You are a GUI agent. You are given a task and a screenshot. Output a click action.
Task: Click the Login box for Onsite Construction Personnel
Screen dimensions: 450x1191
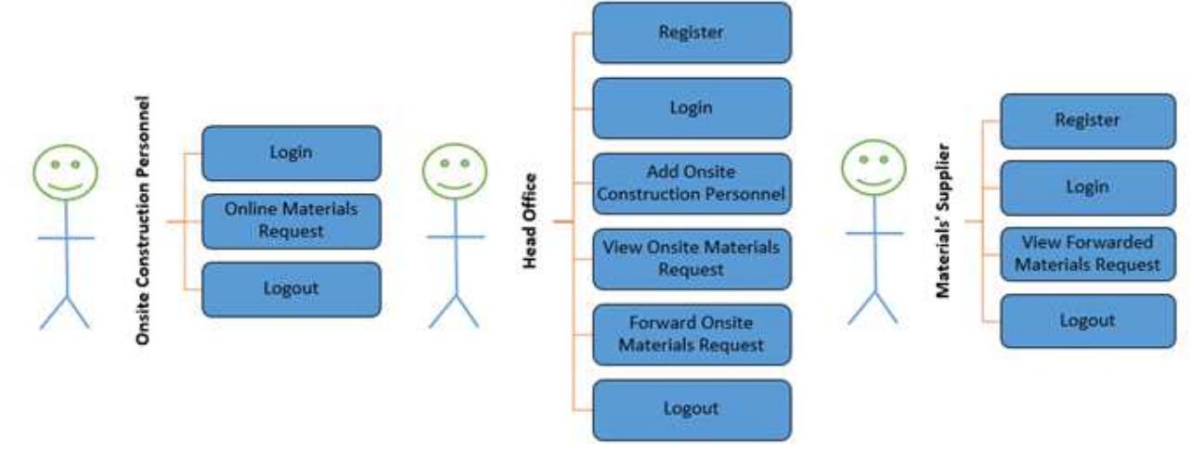(291, 153)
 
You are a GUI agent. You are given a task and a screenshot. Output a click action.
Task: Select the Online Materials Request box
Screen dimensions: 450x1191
(291, 221)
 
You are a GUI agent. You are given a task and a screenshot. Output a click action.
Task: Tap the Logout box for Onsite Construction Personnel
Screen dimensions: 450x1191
(291, 289)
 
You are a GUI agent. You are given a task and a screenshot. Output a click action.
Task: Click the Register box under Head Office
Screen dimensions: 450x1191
(692, 32)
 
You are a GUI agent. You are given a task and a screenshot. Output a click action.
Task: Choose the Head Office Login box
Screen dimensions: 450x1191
(692, 108)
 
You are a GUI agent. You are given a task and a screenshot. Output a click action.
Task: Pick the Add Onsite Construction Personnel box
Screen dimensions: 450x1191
(692, 184)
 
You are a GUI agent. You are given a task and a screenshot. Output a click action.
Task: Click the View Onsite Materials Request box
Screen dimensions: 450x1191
(692, 259)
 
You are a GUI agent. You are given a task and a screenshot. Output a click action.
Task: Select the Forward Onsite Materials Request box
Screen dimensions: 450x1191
(692, 334)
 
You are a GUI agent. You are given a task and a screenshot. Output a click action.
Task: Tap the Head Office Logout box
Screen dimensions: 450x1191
(692, 409)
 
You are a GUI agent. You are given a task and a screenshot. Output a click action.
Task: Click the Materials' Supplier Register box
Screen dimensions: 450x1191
(1087, 121)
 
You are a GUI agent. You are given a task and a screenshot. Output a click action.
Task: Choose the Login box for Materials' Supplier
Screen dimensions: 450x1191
(1087, 187)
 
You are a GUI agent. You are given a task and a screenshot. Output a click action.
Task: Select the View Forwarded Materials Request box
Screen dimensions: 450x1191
(1087, 253)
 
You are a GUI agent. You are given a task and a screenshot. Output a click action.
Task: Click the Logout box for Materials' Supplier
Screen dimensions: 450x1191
(1087, 321)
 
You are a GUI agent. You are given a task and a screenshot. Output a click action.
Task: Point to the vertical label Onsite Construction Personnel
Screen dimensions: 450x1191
(143, 220)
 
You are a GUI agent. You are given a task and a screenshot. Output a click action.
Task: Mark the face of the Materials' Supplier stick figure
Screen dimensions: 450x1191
(874, 167)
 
